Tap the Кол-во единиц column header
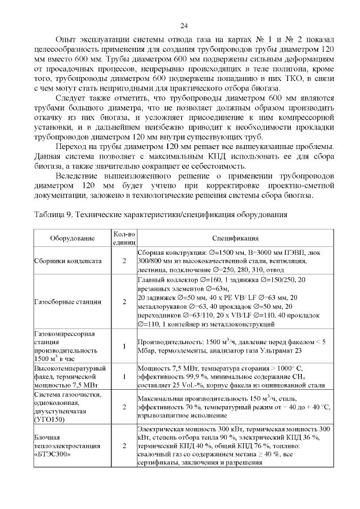[x=124, y=238]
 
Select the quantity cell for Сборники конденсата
[x=124, y=261]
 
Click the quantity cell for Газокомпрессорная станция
[x=124, y=345]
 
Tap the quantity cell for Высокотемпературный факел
[x=124, y=376]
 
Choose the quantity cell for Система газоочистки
[x=124, y=407]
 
